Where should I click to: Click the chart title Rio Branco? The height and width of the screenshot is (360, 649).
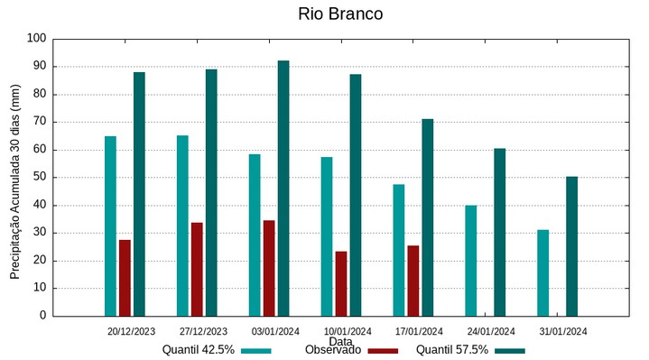(339, 14)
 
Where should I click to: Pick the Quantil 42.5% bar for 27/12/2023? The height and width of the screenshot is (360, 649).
(182, 226)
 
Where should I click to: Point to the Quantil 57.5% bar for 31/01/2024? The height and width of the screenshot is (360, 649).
(571, 245)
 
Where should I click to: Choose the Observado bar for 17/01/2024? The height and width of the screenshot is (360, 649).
(413, 281)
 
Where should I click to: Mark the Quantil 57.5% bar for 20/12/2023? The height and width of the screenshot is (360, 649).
(139, 194)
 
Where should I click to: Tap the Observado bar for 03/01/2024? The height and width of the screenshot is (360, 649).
(269, 268)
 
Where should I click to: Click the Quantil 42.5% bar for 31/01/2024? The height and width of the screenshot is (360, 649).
(542, 272)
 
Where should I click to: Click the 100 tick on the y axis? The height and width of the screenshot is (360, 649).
(36, 39)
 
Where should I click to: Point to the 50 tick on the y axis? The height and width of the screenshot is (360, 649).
(40, 178)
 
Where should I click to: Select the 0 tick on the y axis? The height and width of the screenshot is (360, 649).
(42, 316)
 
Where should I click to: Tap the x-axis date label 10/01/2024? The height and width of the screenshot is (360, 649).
(348, 331)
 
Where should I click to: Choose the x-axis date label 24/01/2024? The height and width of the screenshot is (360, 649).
(491, 331)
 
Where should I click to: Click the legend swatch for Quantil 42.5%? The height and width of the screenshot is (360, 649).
(256, 351)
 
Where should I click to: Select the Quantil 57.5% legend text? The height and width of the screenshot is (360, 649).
(452, 350)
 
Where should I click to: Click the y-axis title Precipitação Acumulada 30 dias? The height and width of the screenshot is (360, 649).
(14, 180)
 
